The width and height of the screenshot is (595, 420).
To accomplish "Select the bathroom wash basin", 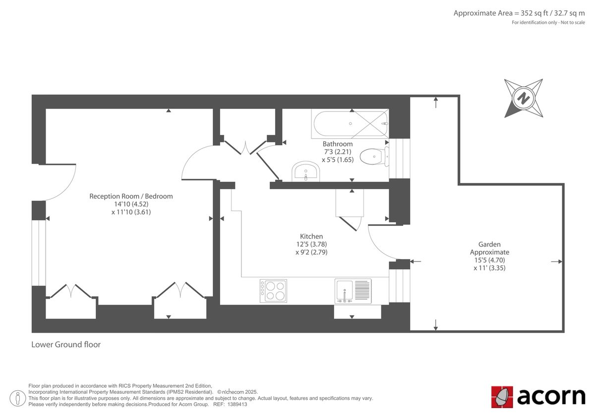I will point(305,171).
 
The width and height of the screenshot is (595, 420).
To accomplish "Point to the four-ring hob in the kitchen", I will point(273,290).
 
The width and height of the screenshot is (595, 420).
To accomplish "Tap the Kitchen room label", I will point(311,236).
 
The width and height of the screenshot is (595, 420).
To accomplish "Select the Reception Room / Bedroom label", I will point(131,196).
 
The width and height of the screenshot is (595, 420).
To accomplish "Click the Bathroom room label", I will point(338,144).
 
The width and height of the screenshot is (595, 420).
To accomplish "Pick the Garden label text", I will point(489,244).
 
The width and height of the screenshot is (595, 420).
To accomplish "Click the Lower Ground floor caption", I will point(66,344).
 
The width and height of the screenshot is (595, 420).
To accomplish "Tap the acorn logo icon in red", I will point(502,397).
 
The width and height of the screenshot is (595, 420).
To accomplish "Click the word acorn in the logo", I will point(551,397).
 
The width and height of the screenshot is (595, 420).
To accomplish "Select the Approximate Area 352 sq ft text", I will point(519,13).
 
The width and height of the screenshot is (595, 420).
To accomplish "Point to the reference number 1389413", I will point(237,404).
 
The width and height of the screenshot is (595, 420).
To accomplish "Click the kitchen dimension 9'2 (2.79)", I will point(311,252).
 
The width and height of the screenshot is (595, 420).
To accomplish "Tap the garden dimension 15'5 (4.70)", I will point(489,260).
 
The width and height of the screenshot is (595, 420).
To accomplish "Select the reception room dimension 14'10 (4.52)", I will point(131,204).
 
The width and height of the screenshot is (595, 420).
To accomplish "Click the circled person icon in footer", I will point(18,397).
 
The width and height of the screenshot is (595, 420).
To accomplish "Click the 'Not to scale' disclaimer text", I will point(573,23).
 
